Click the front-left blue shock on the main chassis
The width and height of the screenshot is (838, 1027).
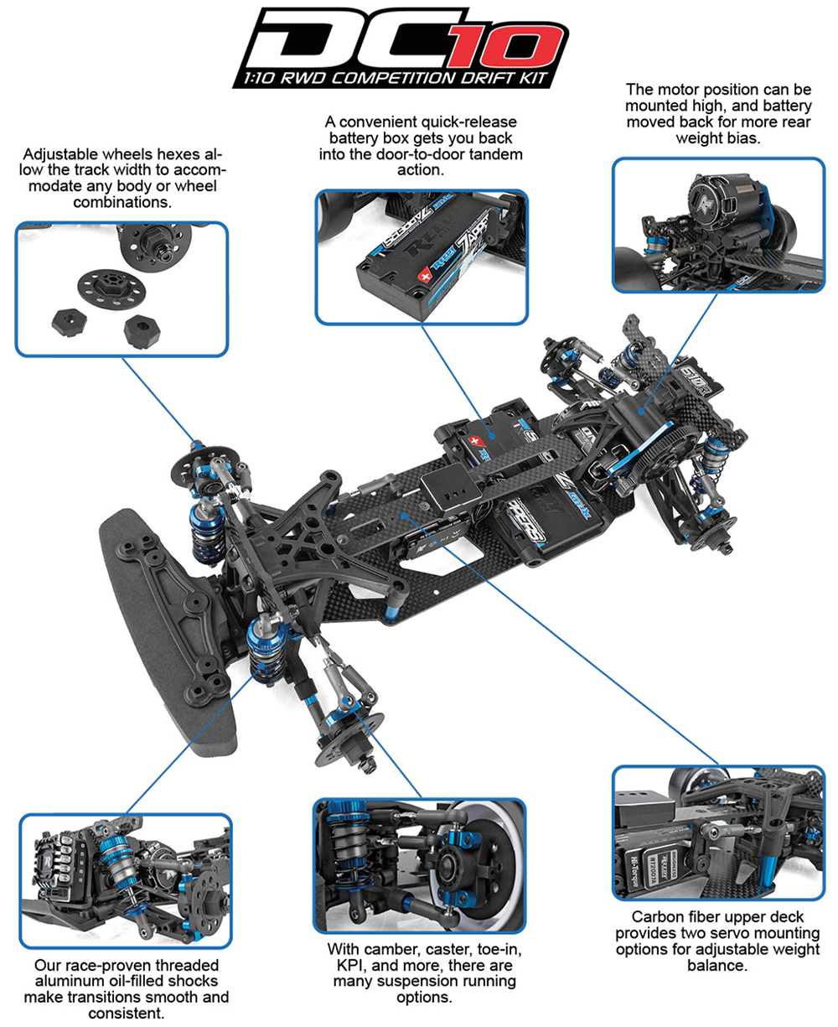click(x=270, y=646)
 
